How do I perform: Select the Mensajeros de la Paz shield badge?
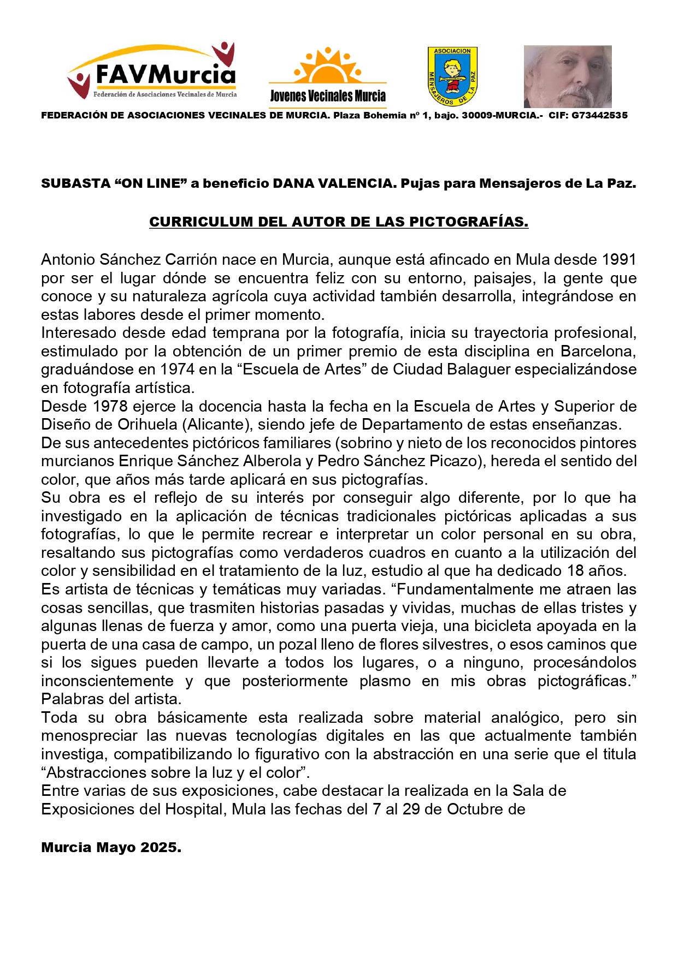(x=452, y=76)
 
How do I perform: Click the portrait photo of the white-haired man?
(x=567, y=76)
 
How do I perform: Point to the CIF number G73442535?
(x=599, y=115)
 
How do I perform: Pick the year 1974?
(x=178, y=370)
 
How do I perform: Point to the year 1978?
(x=110, y=406)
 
